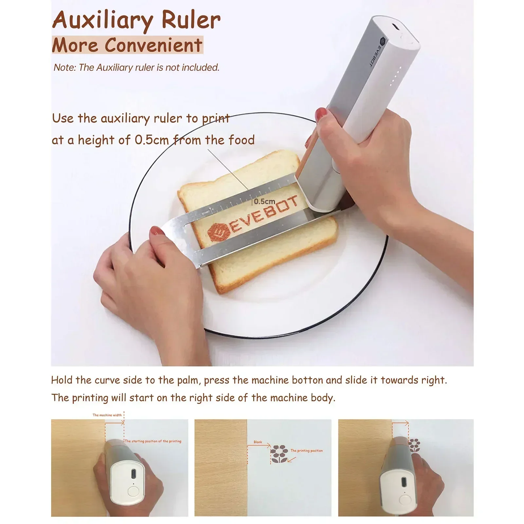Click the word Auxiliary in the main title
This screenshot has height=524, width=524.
[x=103, y=20]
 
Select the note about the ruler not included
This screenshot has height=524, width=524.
[x=136, y=67]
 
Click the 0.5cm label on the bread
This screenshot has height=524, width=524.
[x=264, y=202]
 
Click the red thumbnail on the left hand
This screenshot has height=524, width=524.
[x=157, y=231]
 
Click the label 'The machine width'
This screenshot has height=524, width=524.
[x=107, y=415]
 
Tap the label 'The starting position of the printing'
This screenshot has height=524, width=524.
[x=153, y=441]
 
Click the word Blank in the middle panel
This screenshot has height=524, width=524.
[x=258, y=442]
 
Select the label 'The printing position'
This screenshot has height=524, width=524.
[x=306, y=451]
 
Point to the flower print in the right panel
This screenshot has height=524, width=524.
[x=414, y=445]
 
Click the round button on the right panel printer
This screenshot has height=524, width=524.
[x=405, y=500]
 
